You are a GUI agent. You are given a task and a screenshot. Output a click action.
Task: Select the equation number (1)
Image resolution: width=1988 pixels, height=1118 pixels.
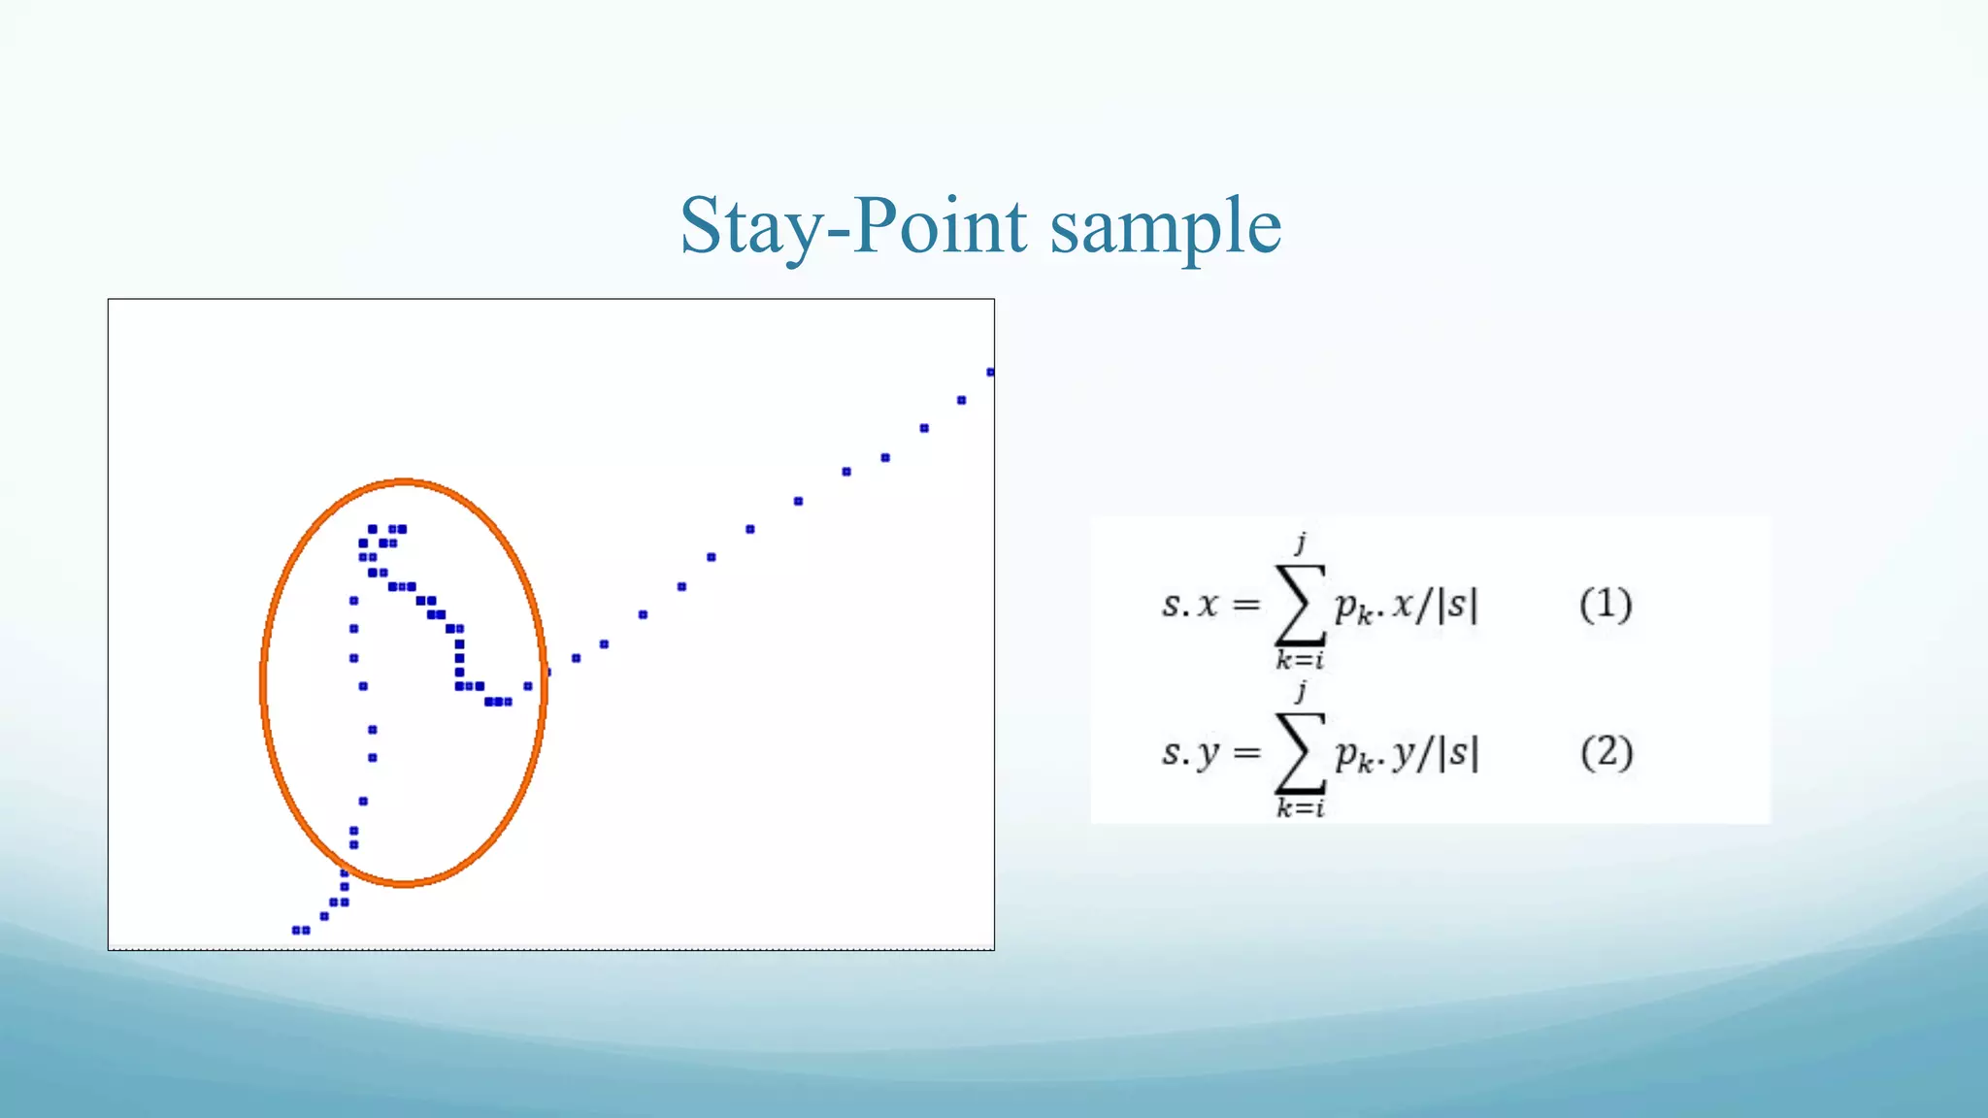click(1606, 605)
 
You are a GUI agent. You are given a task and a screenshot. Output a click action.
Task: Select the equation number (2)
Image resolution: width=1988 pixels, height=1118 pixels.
click(1607, 752)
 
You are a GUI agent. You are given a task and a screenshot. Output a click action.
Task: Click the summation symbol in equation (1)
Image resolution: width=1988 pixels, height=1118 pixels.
click(1301, 605)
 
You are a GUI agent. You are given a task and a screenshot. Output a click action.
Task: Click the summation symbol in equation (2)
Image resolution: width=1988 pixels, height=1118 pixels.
click(1301, 752)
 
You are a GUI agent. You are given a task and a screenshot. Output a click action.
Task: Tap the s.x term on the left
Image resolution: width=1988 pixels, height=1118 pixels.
click(1190, 605)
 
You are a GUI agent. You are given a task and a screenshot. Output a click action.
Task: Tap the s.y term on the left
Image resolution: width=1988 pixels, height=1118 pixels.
click(1190, 753)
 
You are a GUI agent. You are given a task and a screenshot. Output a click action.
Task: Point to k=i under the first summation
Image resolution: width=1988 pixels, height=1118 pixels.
click(1300, 661)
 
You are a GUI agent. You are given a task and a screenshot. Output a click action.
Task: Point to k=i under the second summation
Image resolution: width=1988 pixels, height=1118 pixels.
click(1300, 807)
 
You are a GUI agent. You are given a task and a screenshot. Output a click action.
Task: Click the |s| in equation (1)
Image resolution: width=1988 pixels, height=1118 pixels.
click(1458, 605)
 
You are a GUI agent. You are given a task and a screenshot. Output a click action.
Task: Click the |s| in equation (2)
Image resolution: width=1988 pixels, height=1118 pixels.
click(1458, 752)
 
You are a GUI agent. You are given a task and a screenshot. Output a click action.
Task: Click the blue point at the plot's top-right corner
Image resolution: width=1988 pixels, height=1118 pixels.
click(990, 372)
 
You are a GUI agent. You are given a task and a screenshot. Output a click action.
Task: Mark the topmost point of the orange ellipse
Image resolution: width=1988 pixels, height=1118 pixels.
click(404, 481)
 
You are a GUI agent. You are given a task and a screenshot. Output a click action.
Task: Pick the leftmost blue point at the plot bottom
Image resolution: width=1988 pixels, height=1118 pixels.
click(296, 930)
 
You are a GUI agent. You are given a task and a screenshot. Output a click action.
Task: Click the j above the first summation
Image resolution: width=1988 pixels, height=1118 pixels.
click(1301, 542)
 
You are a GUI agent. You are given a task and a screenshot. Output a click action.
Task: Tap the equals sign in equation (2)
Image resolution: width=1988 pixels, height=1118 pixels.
click(1246, 753)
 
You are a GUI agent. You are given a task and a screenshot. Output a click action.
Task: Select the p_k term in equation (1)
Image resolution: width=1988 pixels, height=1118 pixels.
click(1353, 608)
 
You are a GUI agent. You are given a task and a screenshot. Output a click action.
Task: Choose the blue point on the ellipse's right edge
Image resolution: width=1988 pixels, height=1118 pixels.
click(547, 672)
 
